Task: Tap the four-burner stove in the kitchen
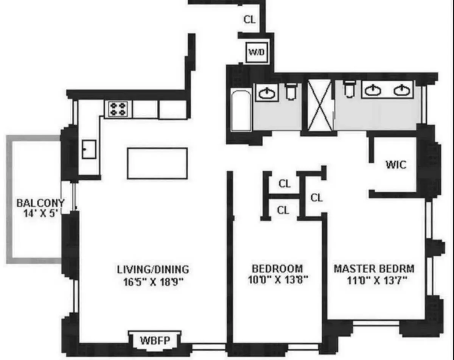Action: [118, 109]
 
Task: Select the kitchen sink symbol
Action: [89, 149]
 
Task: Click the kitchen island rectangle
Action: [157, 163]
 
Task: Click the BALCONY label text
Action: [40, 203]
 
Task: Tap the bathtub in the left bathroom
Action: [241, 110]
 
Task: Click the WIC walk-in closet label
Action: [396, 165]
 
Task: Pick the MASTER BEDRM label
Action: [374, 269]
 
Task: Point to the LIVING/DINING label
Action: [153, 270]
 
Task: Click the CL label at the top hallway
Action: [249, 19]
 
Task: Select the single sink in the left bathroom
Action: [267, 92]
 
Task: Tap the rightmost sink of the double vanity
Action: [401, 90]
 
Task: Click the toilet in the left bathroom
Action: [291, 91]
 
